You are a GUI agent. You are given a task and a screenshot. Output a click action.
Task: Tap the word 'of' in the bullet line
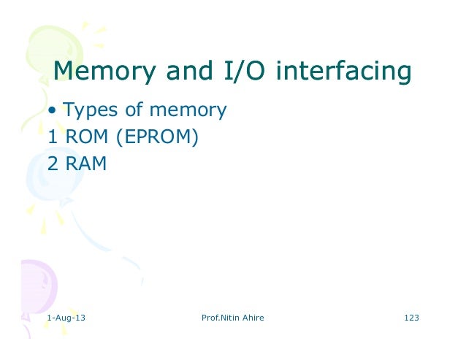coord(133,111)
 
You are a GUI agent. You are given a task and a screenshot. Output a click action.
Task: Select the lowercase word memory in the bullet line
coord(188,112)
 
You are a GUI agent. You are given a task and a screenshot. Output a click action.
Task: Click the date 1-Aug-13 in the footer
coord(65,318)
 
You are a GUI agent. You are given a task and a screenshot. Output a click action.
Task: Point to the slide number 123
coord(411,318)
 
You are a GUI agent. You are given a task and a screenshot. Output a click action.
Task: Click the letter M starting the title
coord(64,72)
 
